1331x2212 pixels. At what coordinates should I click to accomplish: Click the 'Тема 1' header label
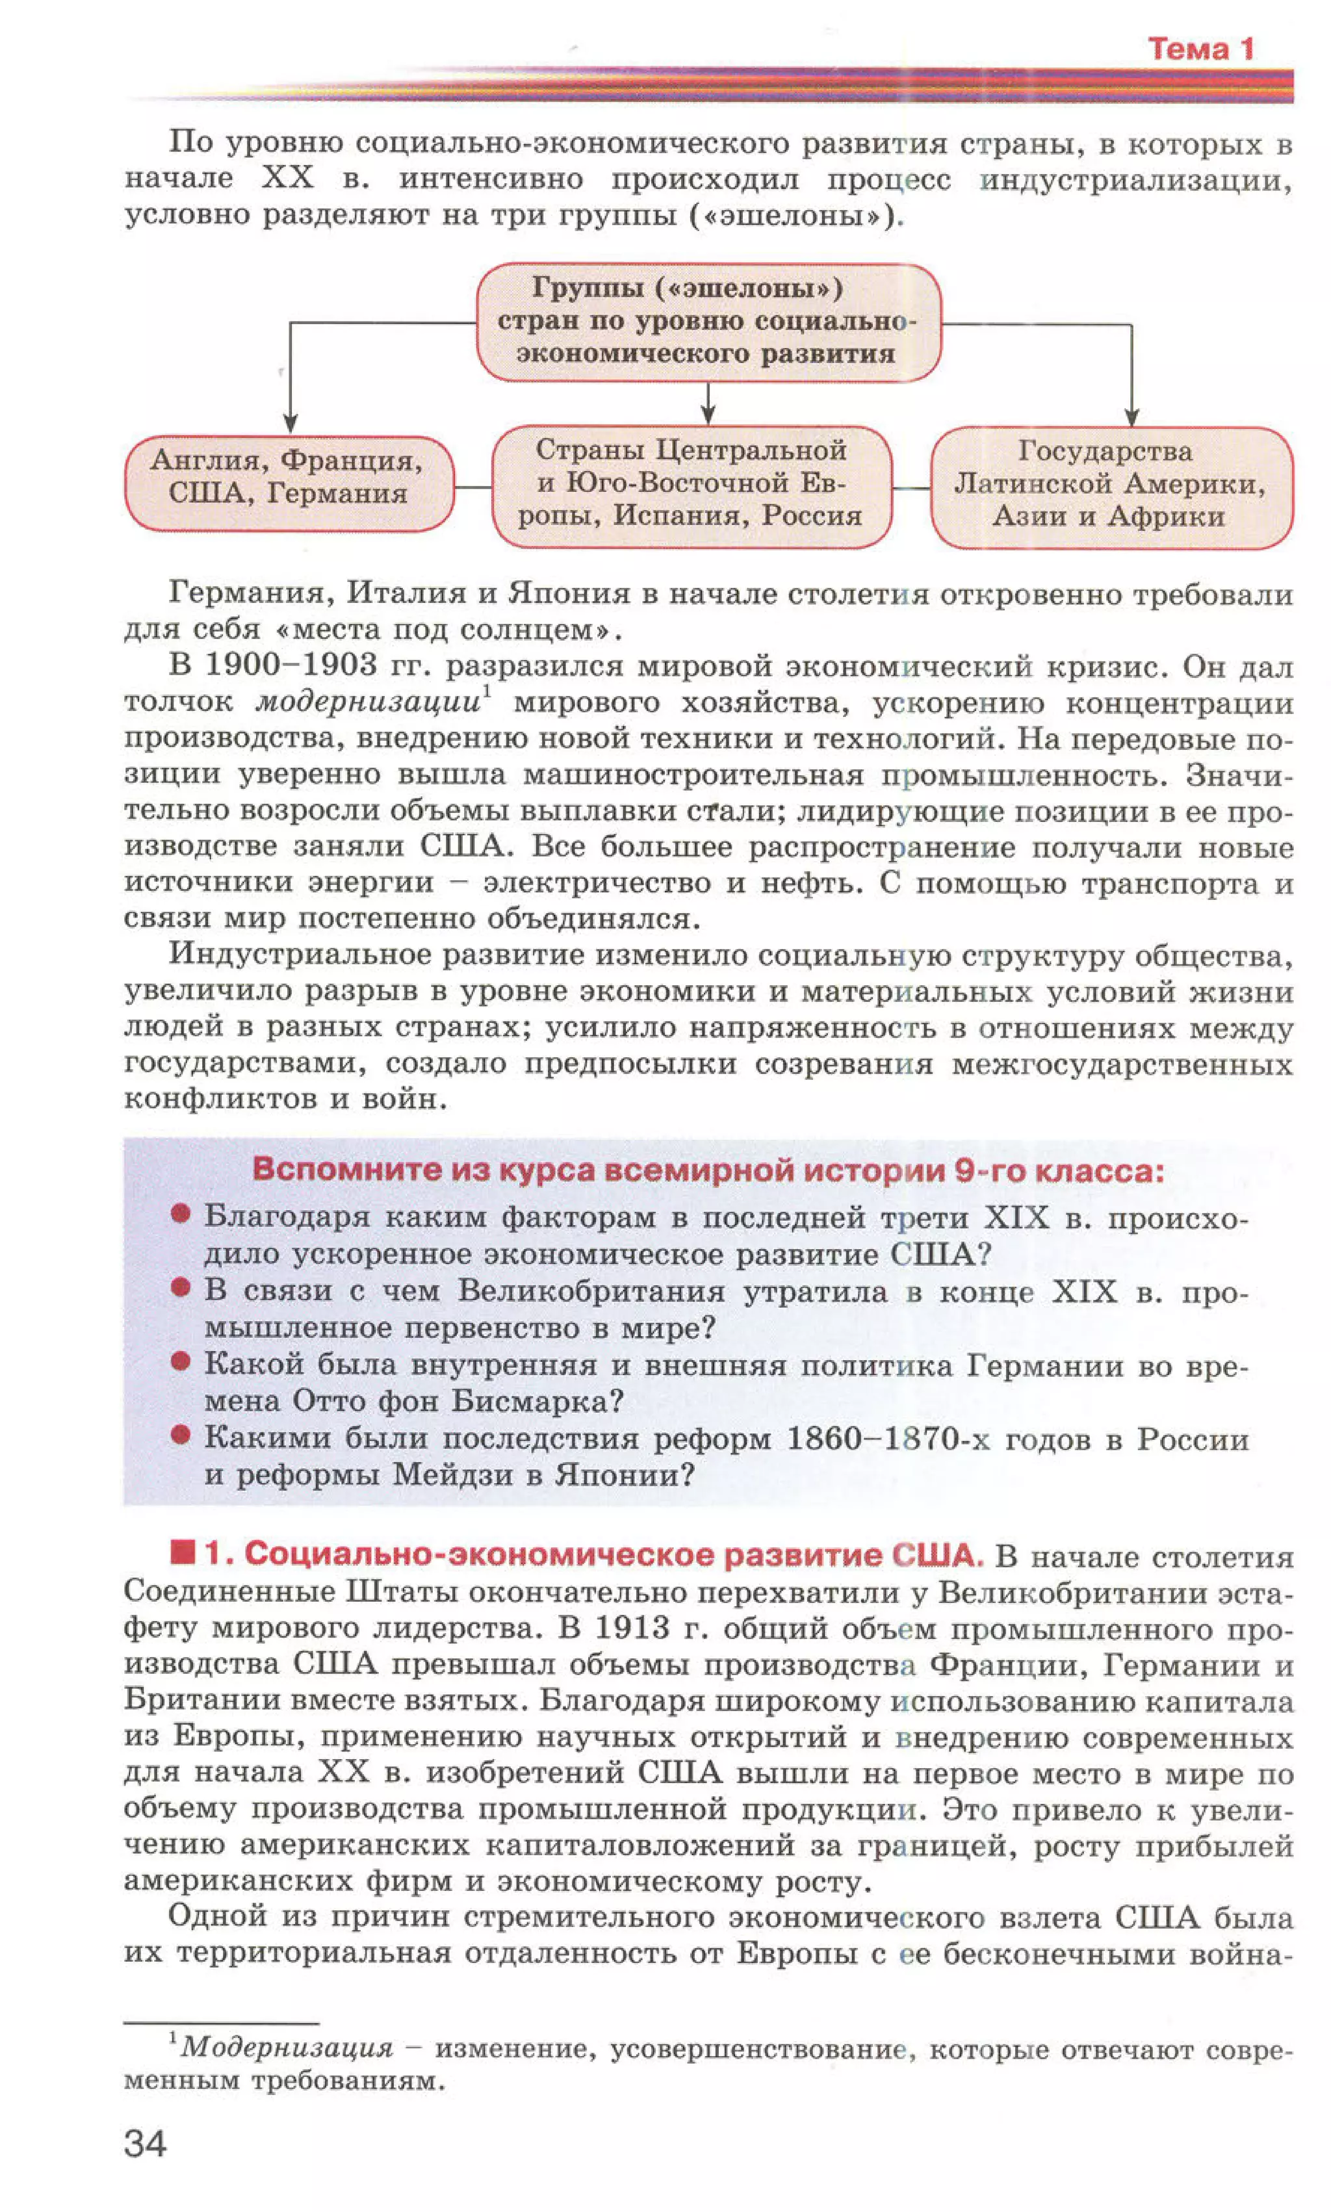[1200, 49]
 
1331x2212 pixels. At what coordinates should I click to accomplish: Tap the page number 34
[146, 2143]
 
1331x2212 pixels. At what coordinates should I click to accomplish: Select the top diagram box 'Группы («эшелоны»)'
[708, 321]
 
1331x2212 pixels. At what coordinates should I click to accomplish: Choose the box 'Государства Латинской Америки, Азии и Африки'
[1111, 484]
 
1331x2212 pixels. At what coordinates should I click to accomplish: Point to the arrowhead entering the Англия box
[290, 423]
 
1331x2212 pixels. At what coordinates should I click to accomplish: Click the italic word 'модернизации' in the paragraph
[368, 702]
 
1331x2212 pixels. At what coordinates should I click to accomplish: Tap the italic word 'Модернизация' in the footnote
[287, 2048]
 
